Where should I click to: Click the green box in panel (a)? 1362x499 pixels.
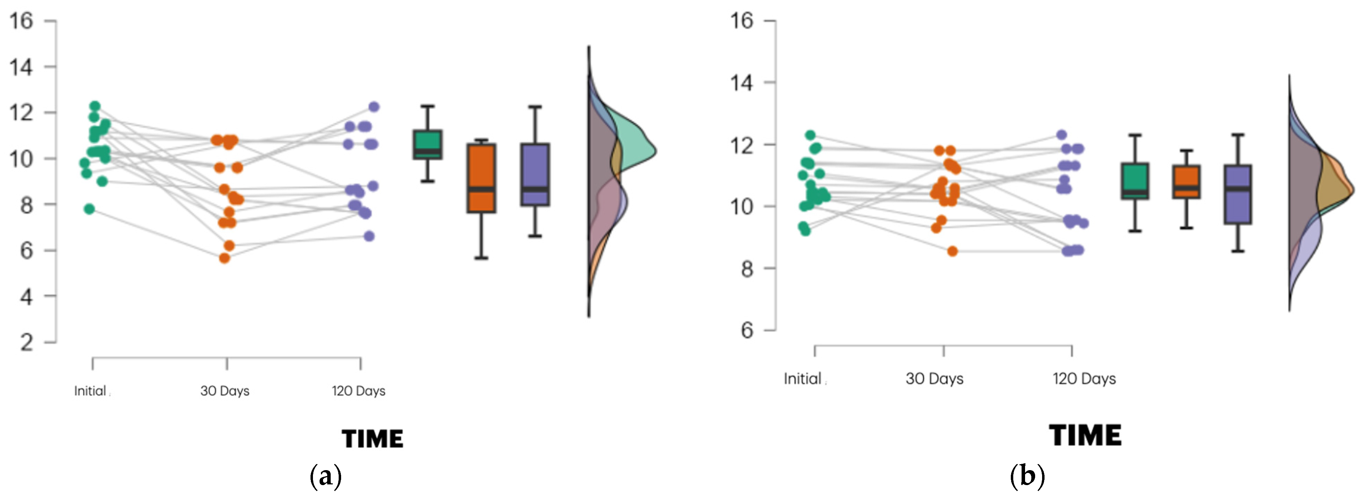click(428, 144)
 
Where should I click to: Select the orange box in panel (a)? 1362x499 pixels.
click(481, 178)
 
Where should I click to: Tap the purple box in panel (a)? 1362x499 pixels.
click(535, 175)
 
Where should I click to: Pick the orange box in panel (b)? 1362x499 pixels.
click(1186, 181)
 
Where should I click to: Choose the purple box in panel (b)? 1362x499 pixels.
click(1238, 194)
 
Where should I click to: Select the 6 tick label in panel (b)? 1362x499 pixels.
click(747, 330)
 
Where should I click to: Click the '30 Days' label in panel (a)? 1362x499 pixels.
click(225, 391)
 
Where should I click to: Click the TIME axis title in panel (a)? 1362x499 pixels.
click(373, 439)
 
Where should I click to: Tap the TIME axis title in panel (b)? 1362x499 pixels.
click(1086, 436)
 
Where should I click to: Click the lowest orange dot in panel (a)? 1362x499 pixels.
click(225, 258)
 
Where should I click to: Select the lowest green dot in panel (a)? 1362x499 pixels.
click(89, 209)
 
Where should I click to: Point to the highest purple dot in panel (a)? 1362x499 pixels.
click(374, 107)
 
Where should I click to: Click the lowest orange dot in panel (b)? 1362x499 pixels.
click(952, 251)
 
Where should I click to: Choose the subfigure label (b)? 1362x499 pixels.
click(1027, 477)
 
